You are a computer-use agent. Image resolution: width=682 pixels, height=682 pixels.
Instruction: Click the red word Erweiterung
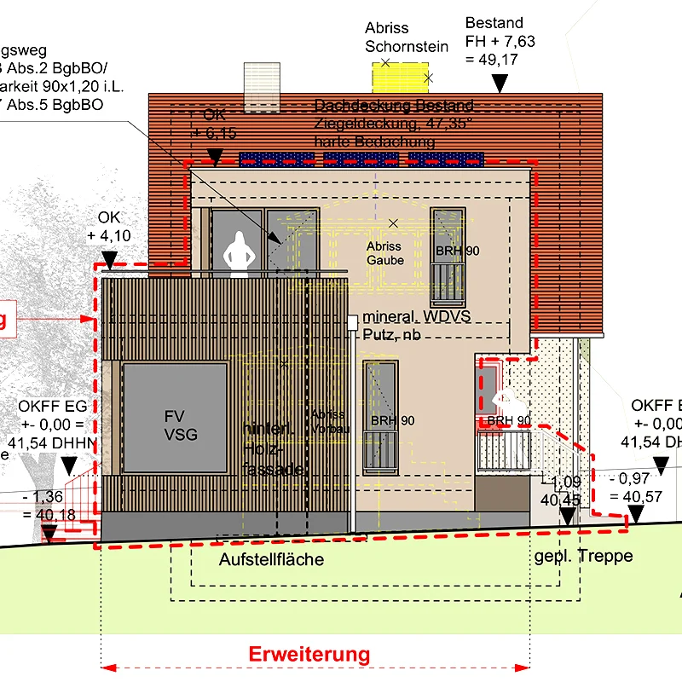coord(309,655)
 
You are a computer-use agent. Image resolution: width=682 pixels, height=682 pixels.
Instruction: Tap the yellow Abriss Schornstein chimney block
coord(402,77)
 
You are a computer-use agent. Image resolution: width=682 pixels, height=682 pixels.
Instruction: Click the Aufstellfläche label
coord(271,559)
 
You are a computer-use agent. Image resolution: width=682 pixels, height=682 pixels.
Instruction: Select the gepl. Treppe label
coord(584,556)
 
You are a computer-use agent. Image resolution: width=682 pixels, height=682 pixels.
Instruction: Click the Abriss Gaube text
coord(384,252)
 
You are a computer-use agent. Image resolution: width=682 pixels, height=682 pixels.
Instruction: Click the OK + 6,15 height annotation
coord(213,124)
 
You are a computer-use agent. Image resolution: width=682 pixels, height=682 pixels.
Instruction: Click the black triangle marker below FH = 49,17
coord(500,82)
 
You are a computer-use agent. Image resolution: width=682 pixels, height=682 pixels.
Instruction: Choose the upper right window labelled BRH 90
coord(448,256)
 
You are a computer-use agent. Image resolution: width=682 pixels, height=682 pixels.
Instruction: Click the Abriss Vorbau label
coord(329,422)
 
